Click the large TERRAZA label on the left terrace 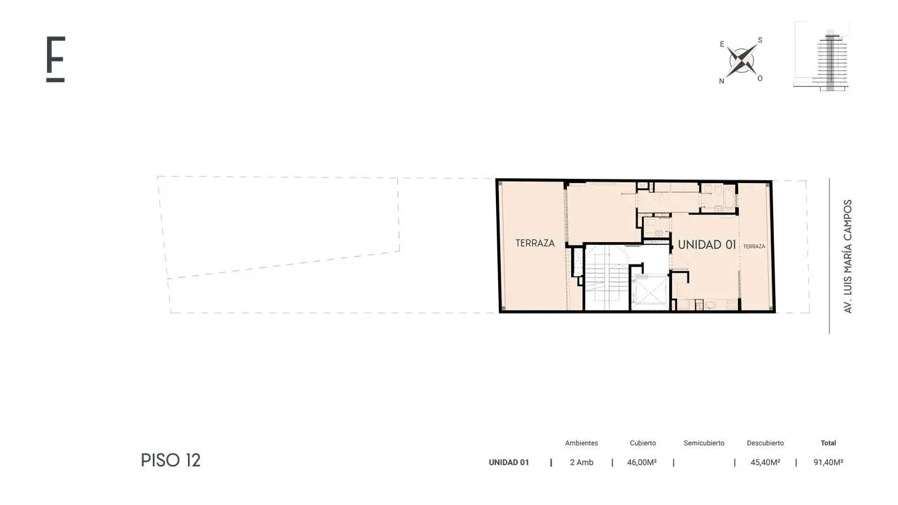[x=535, y=243]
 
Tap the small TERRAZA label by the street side [x=754, y=246]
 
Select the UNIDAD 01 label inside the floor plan [x=706, y=245]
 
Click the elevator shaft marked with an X [x=650, y=292]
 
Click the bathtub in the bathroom [x=730, y=195]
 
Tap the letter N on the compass [x=722, y=81]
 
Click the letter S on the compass [x=760, y=40]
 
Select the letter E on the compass [x=722, y=44]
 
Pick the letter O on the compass [x=760, y=79]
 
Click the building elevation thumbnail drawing [x=822, y=56]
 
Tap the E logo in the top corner [x=55, y=60]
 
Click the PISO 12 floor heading [x=170, y=461]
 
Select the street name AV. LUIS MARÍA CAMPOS [x=847, y=257]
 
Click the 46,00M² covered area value [x=642, y=462]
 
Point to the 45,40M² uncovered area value [x=765, y=462]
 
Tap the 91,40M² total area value [x=829, y=462]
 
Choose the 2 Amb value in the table [x=582, y=462]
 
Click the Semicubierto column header [x=704, y=443]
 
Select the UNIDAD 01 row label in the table [x=509, y=462]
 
